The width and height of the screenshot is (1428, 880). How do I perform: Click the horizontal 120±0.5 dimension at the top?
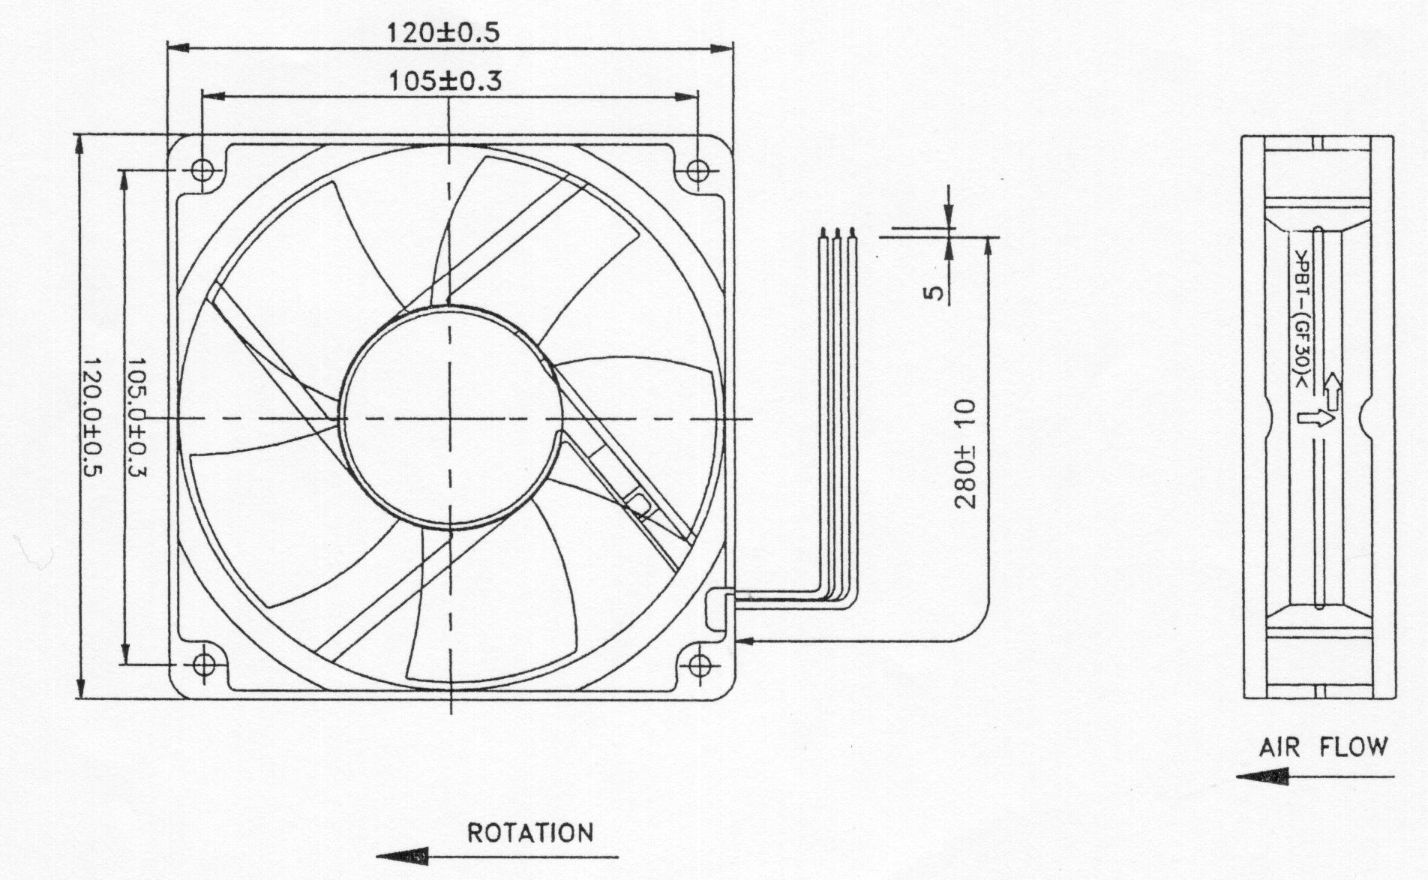point(442,32)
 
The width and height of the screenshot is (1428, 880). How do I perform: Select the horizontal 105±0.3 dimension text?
point(445,80)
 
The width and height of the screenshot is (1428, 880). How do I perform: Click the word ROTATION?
point(530,833)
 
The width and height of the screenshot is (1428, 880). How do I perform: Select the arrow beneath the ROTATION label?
point(497,856)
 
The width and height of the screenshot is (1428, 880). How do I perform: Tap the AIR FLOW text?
point(1323,747)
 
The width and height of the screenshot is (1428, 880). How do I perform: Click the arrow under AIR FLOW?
point(1315,776)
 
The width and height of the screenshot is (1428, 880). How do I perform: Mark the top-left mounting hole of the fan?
point(202,170)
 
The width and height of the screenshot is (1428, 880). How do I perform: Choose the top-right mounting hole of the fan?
point(697,170)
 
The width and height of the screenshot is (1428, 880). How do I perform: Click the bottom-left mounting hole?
point(203,664)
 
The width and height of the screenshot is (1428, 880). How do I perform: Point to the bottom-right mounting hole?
point(699,664)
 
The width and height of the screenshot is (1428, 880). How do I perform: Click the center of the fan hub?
point(451,418)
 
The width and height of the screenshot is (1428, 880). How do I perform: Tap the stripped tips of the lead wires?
point(837,233)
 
